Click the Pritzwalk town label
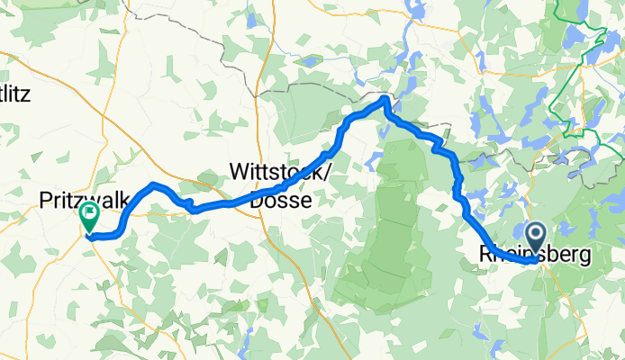click(x=86, y=199)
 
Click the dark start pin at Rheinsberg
click(x=535, y=238)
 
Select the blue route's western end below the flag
click(x=90, y=238)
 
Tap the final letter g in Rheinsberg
click(x=585, y=258)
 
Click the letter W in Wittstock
click(x=240, y=171)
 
